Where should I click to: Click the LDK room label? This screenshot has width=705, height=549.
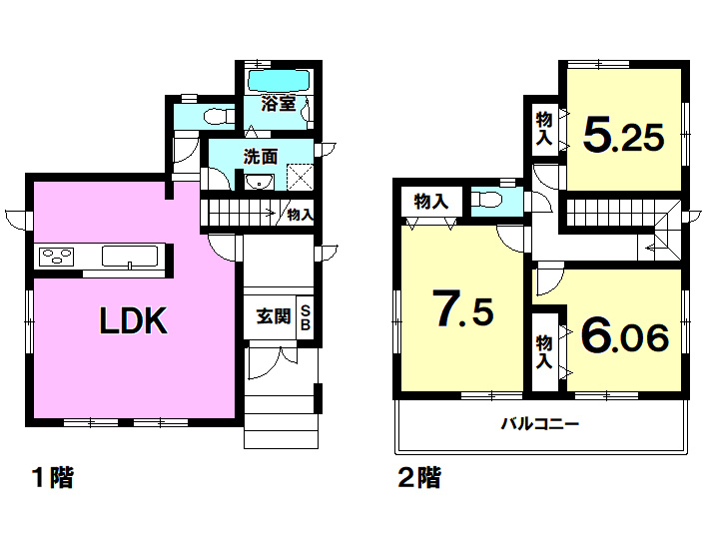(133, 320)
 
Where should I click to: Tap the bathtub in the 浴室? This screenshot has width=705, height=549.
(280, 80)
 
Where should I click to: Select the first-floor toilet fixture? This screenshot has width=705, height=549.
(219, 117)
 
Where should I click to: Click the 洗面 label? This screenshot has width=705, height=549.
(261, 157)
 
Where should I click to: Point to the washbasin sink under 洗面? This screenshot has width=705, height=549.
(259, 182)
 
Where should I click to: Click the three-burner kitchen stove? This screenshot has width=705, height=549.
(57, 257)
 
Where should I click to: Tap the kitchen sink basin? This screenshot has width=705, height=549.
(130, 257)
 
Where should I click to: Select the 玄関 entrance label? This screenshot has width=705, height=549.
(274, 316)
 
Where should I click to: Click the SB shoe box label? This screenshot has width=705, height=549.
(306, 317)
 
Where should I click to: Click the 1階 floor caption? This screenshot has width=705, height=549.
(53, 477)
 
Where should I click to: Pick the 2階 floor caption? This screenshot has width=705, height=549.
(420, 477)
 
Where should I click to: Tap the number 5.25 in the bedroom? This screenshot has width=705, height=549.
(623, 137)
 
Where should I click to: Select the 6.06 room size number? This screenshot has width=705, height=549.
(625, 336)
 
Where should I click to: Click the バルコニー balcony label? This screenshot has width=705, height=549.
(540, 423)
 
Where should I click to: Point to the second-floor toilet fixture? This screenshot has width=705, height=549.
(488, 200)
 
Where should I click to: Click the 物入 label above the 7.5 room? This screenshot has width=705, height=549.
(431, 202)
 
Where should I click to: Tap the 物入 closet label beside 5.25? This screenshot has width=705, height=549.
(544, 129)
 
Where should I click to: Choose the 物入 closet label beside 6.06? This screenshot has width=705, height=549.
(544, 351)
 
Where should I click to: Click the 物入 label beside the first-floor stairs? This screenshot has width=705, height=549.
(301, 215)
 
